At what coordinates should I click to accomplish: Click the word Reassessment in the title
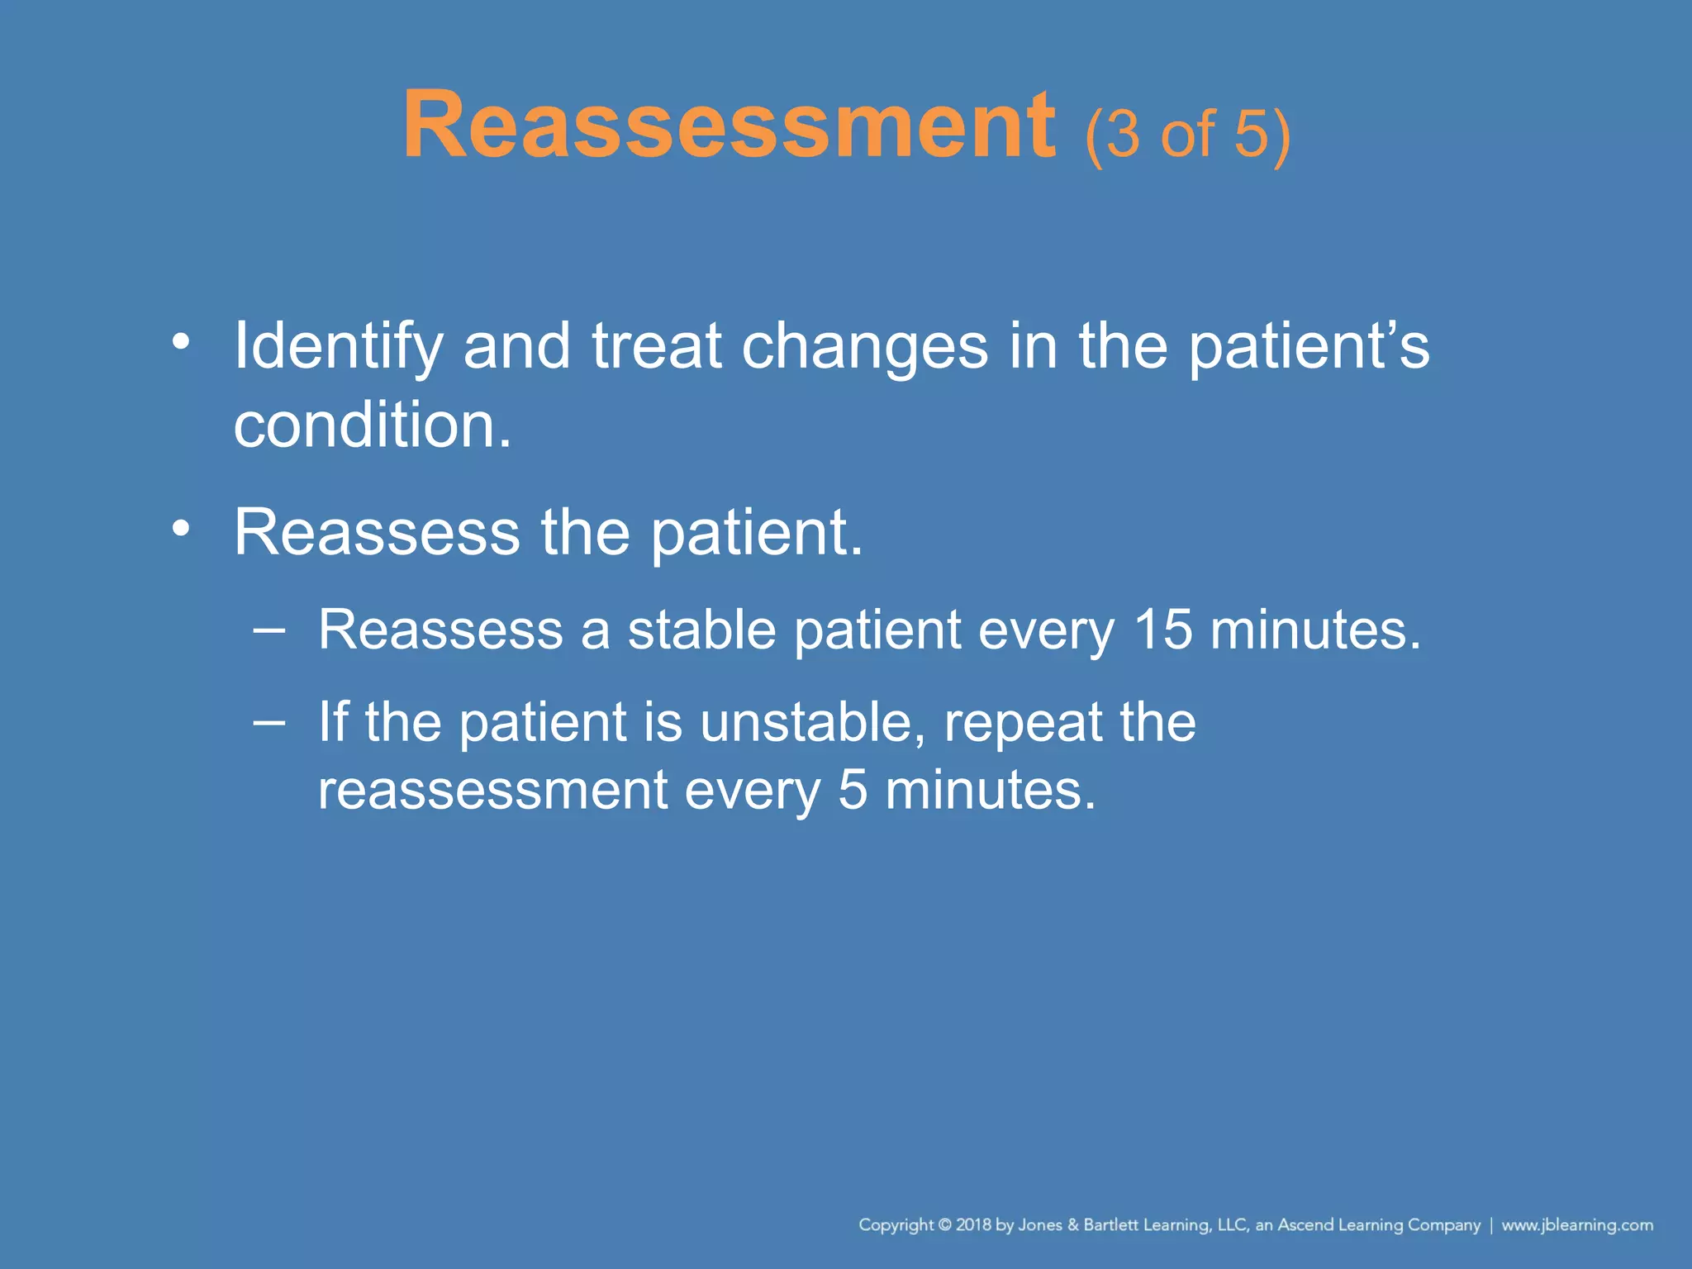point(729,126)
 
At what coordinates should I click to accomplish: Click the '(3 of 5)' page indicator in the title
point(1187,134)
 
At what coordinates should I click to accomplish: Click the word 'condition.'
point(373,425)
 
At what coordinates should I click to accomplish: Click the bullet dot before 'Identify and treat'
point(181,341)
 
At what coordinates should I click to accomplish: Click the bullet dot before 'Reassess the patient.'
point(181,529)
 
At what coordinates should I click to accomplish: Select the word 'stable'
point(701,630)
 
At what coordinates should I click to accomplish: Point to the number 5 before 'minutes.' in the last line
point(853,790)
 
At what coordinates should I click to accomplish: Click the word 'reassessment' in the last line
point(492,790)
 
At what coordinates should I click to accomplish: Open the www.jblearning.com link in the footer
point(1576,1225)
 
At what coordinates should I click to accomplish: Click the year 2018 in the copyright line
point(973,1225)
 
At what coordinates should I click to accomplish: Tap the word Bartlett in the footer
point(1112,1225)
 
